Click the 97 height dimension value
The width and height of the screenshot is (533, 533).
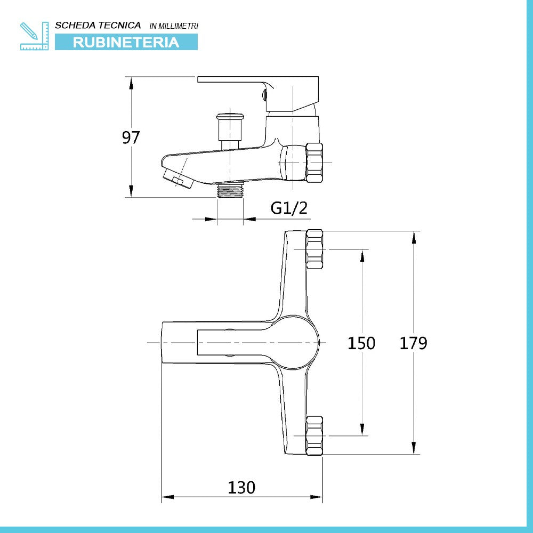pos(131,138)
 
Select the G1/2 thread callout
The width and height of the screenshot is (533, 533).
pos(289,208)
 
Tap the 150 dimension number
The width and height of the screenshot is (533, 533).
pos(361,343)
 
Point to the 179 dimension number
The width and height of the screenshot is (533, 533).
pos(413,343)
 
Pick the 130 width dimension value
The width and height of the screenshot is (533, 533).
pos(241,488)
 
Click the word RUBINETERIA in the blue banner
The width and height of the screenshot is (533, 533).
pos(126,42)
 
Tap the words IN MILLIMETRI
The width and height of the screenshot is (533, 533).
pos(174,26)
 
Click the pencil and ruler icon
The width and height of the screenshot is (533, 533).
pos(34,36)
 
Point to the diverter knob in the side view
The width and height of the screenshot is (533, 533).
pos(230,127)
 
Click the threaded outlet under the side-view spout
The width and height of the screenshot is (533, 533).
pos(230,190)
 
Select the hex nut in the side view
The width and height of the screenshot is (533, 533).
pos(314,163)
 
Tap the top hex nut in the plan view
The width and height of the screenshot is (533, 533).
pos(314,249)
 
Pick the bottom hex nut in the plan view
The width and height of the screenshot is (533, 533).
pos(314,435)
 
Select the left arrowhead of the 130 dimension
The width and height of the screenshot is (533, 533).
pos(168,497)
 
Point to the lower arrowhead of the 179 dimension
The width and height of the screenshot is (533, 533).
pos(414,447)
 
